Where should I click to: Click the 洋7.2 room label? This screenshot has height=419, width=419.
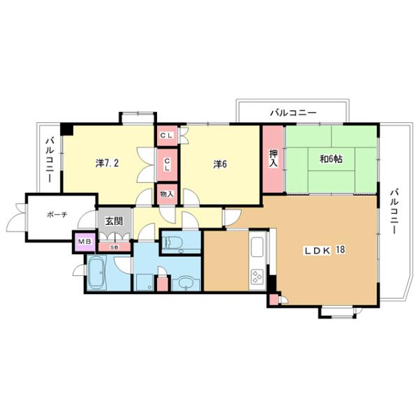point(107,164)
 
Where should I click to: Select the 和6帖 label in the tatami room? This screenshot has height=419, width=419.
point(330,159)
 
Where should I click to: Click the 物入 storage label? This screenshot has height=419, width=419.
point(167,193)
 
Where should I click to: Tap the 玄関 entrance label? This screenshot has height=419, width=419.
point(114,221)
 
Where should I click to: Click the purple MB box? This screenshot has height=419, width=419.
point(84,242)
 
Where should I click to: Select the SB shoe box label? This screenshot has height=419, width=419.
point(114,246)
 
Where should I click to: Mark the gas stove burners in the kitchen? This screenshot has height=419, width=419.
point(256,277)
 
